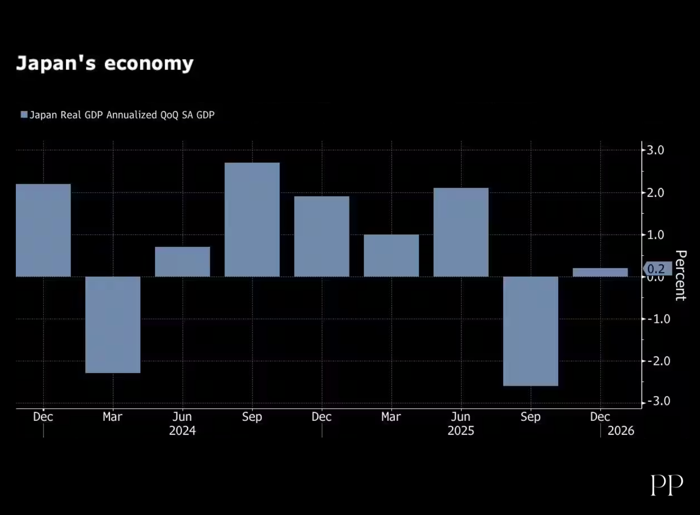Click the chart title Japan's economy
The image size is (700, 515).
pos(105,63)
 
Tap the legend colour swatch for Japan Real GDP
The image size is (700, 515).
pos(24,115)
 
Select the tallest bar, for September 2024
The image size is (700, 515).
pos(252,220)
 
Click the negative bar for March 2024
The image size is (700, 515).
pos(113,325)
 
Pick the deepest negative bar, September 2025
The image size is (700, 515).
pos(531,331)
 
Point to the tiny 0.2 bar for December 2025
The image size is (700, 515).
pos(600,272)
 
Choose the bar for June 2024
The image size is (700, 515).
pos(182,262)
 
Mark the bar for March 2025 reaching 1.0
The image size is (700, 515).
pos(392,256)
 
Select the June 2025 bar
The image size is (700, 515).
pos(461,232)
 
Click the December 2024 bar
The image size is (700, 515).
pos(322,237)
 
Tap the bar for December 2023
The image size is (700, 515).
pos(43,230)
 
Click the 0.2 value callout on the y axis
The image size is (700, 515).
pos(657,269)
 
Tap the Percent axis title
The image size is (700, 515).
pos(681,275)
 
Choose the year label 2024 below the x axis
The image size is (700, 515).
pos(182,431)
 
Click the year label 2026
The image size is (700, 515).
pos(621,431)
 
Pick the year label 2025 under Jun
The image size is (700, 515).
pos(461,431)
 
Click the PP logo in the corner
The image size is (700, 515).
pos(667,485)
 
